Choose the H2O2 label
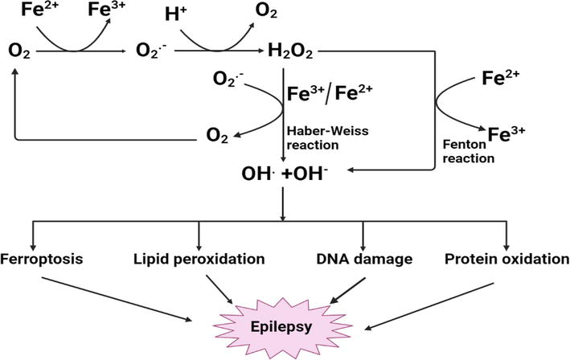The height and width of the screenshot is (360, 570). coord(291,52)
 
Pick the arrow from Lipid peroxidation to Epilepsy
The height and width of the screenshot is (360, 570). coord(222,288)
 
